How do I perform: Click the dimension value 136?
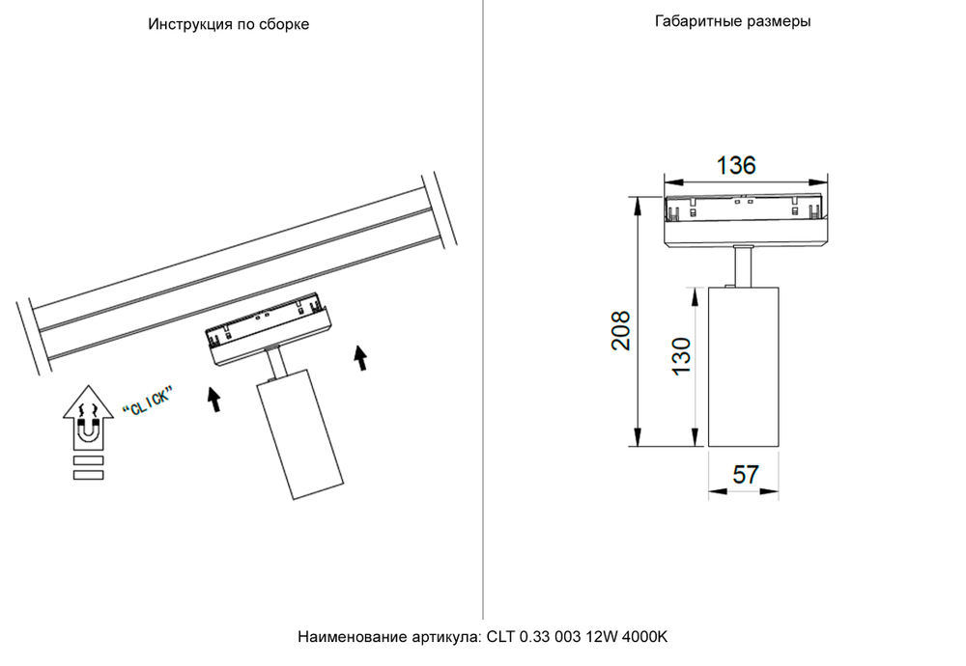pos(736,165)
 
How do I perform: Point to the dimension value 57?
pos(744,475)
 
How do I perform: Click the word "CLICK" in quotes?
pos(148,401)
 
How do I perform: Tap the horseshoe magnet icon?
pos(87,430)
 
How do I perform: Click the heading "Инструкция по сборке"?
pos(229,24)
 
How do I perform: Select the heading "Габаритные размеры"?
pos(732,21)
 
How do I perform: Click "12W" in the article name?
pos(603,637)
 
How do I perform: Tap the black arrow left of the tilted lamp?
pos(214,400)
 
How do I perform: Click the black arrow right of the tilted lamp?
pos(361,358)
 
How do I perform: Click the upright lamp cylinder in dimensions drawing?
pos(744,367)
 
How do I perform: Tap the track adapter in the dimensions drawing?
pos(744,220)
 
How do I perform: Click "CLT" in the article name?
pos(501,637)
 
